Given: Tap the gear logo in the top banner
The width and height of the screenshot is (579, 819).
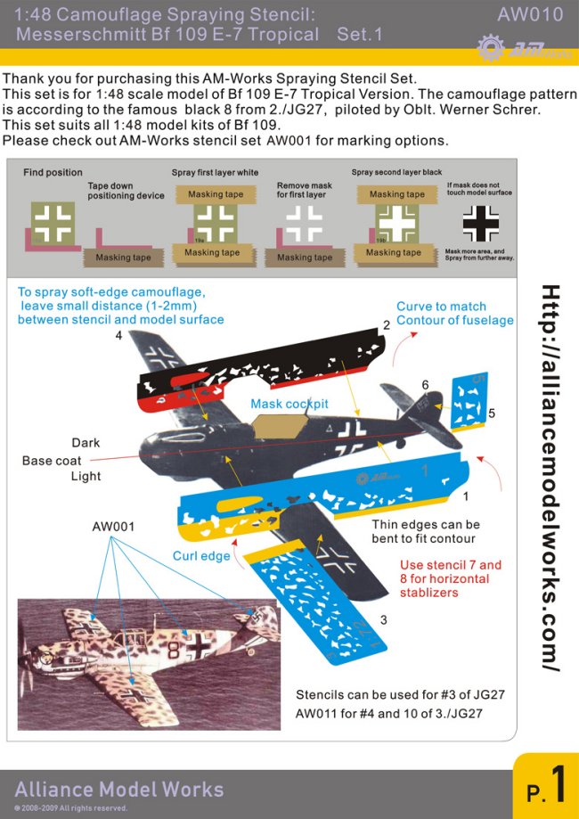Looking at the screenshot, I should point(490,47).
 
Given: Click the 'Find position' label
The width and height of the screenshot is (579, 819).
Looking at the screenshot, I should point(53,172).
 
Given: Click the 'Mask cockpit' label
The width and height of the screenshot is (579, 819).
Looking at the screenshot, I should point(289,404).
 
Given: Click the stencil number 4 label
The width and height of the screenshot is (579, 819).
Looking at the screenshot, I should point(118,336).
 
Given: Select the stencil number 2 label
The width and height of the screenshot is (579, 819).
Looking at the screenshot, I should point(387,325).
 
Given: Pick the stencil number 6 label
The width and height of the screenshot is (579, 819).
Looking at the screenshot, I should point(425,384).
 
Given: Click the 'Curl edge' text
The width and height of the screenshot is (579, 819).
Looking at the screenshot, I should point(202,556).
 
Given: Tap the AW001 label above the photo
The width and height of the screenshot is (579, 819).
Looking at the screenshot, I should point(114,527).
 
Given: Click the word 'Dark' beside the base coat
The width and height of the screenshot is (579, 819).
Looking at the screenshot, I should point(86,443).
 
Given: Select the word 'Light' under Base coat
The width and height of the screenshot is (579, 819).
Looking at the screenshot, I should point(86,477).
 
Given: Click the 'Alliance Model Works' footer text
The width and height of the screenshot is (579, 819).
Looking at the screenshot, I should point(118,790).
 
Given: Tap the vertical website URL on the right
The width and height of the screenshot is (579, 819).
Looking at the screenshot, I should point(551,479).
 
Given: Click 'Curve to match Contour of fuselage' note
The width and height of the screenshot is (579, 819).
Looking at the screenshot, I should point(454,314).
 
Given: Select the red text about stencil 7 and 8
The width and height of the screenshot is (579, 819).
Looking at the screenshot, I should point(450,578).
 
